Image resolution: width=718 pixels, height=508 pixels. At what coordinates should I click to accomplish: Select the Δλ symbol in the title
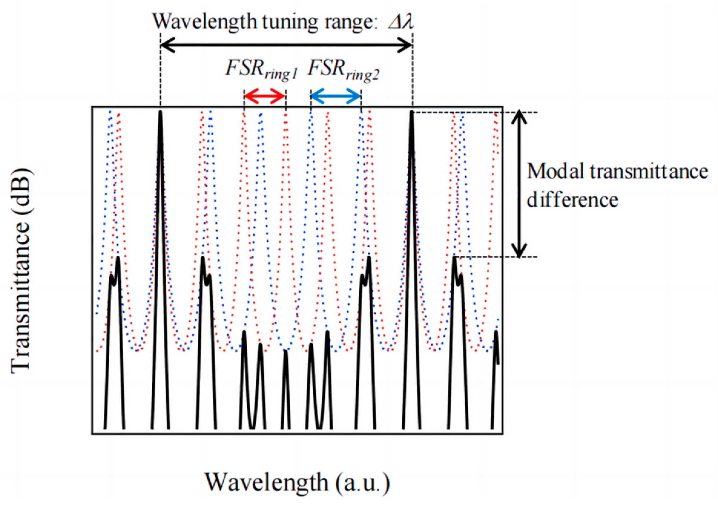pos(401,22)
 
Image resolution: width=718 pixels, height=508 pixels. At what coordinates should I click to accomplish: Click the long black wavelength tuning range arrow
pos(286,45)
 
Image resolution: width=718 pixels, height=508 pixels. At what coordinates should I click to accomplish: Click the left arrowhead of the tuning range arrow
pos(166,45)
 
